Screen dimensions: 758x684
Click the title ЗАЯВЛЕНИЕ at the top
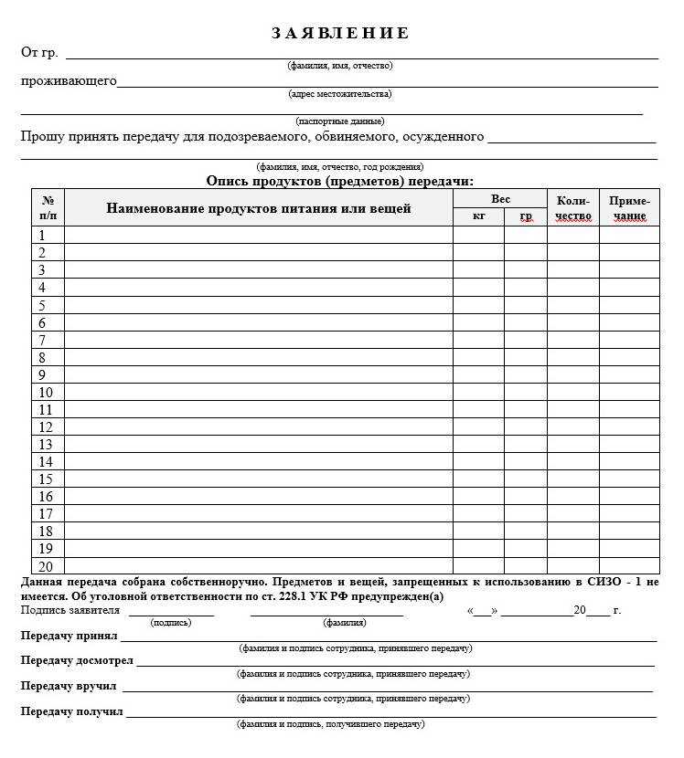tap(340, 34)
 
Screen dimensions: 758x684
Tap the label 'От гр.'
tap(39, 52)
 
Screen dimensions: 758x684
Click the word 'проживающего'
tap(69, 81)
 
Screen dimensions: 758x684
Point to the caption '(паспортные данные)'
tap(340, 121)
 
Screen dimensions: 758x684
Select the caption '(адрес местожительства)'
tap(340, 93)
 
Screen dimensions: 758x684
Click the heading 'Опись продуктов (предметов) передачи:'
tap(340, 181)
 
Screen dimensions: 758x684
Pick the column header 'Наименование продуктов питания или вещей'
tap(259, 208)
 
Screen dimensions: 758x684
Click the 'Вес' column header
tap(500, 199)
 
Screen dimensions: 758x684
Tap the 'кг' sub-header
tap(478, 216)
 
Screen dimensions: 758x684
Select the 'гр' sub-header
tap(526, 216)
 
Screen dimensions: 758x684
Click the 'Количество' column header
tap(573, 208)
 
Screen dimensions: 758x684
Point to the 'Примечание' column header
tap(629, 208)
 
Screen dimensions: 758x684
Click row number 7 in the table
tap(42, 340)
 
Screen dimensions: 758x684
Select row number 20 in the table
tap(46, 566)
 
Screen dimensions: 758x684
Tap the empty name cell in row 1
tap(259, 235)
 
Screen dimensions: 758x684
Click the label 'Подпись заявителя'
tap(70, 610)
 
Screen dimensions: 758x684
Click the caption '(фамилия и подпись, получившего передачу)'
tap(330, 724)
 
